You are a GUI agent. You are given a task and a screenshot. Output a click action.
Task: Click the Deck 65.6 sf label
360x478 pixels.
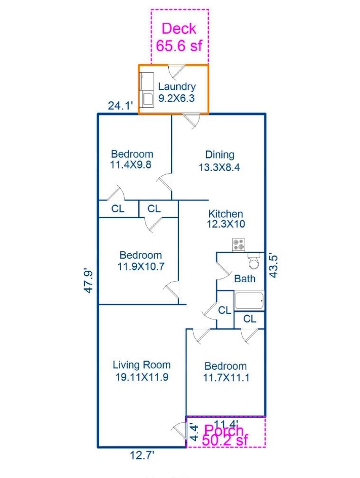tap(179, 37)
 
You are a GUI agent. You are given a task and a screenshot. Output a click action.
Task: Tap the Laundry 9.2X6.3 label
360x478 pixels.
tap(177, 92)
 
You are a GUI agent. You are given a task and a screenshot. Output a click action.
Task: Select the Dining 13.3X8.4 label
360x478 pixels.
tap(219, 161)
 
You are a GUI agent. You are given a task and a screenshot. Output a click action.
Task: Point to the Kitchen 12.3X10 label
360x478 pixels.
tap(226, 219)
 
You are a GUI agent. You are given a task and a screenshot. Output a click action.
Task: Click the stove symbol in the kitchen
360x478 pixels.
tap(238, 245)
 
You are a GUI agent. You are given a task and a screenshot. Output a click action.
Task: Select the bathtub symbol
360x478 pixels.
tap(249, 301)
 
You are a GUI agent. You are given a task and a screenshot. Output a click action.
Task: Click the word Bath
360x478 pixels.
tap(245, 278)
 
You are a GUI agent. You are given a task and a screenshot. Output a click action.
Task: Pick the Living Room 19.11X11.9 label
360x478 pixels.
tap(142, 371)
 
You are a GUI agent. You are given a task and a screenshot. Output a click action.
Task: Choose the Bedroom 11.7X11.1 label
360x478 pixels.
tap(226, 372)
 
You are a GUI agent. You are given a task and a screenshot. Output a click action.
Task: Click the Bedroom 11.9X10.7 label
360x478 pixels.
tap(141, 261)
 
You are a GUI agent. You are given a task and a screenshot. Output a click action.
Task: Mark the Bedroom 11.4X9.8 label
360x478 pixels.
tap(131, 159)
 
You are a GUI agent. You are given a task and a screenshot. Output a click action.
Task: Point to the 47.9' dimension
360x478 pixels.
tap(88, 281)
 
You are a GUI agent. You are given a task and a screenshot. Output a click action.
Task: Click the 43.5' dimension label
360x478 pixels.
tap(274, 266)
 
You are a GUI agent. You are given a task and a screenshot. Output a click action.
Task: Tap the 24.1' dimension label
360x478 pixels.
tap(121, 106)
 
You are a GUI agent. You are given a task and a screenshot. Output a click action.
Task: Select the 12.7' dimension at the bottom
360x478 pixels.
tap(142, 456)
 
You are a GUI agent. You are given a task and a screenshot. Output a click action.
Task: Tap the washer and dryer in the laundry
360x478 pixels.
tap(147, 90)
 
